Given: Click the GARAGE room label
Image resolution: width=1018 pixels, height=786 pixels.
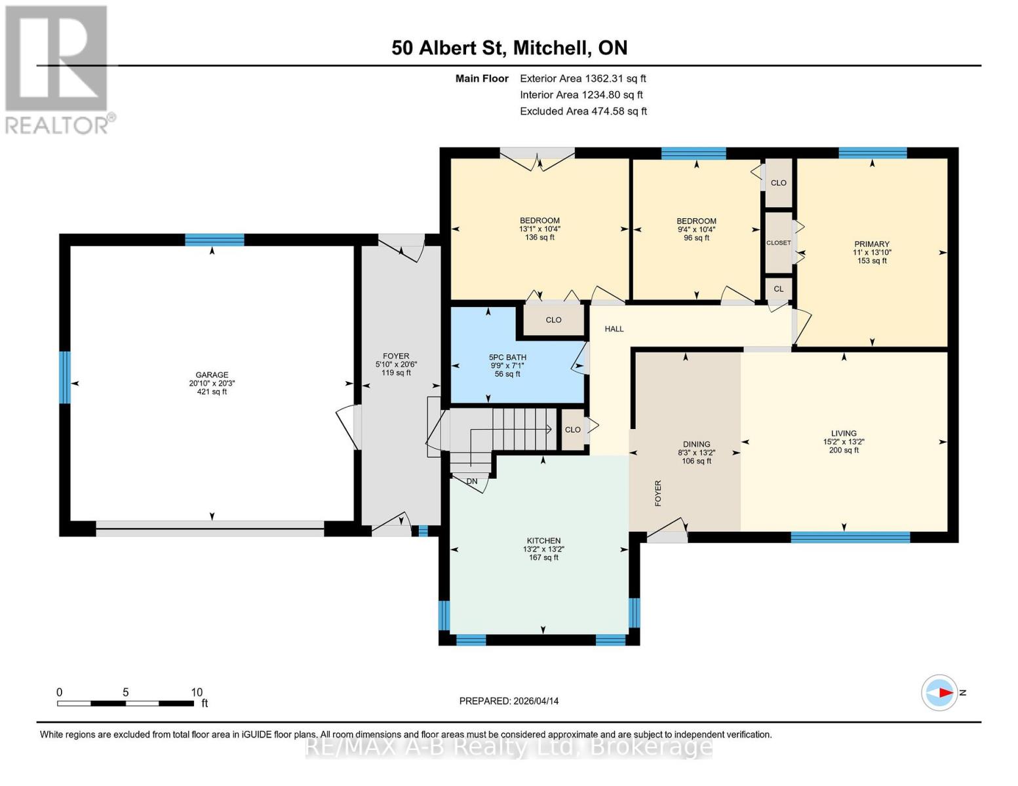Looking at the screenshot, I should point(211,375).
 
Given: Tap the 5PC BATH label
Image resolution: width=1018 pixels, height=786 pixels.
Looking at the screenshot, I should point(507,358).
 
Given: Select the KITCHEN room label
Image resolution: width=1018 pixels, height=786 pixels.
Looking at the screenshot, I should point(543,540).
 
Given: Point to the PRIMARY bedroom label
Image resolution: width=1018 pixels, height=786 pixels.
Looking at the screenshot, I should point(871,244).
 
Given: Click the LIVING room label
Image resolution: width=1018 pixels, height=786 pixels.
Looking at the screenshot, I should point(843,433).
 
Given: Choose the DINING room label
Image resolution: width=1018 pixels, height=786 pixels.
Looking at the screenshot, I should point(696,444).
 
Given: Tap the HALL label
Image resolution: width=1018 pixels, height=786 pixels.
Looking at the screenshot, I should point(614,329).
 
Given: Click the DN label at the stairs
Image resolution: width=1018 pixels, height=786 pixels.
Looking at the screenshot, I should point(472,481).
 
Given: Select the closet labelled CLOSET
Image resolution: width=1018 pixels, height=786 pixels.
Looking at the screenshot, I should point(779,243).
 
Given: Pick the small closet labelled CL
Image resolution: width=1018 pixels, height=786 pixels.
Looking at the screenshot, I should point(778,289).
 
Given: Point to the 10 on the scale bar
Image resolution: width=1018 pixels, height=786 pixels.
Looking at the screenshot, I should point(197,692).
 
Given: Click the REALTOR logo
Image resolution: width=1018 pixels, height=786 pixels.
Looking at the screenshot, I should point(57,69).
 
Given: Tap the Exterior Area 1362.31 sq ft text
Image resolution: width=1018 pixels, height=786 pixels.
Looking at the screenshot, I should point(583,79).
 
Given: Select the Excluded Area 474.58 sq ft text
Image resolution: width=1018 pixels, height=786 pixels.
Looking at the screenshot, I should point(583,111).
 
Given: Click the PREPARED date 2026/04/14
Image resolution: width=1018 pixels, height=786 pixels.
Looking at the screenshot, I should point(509,701).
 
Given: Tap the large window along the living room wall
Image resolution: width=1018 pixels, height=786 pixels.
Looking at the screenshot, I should point(850,537).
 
